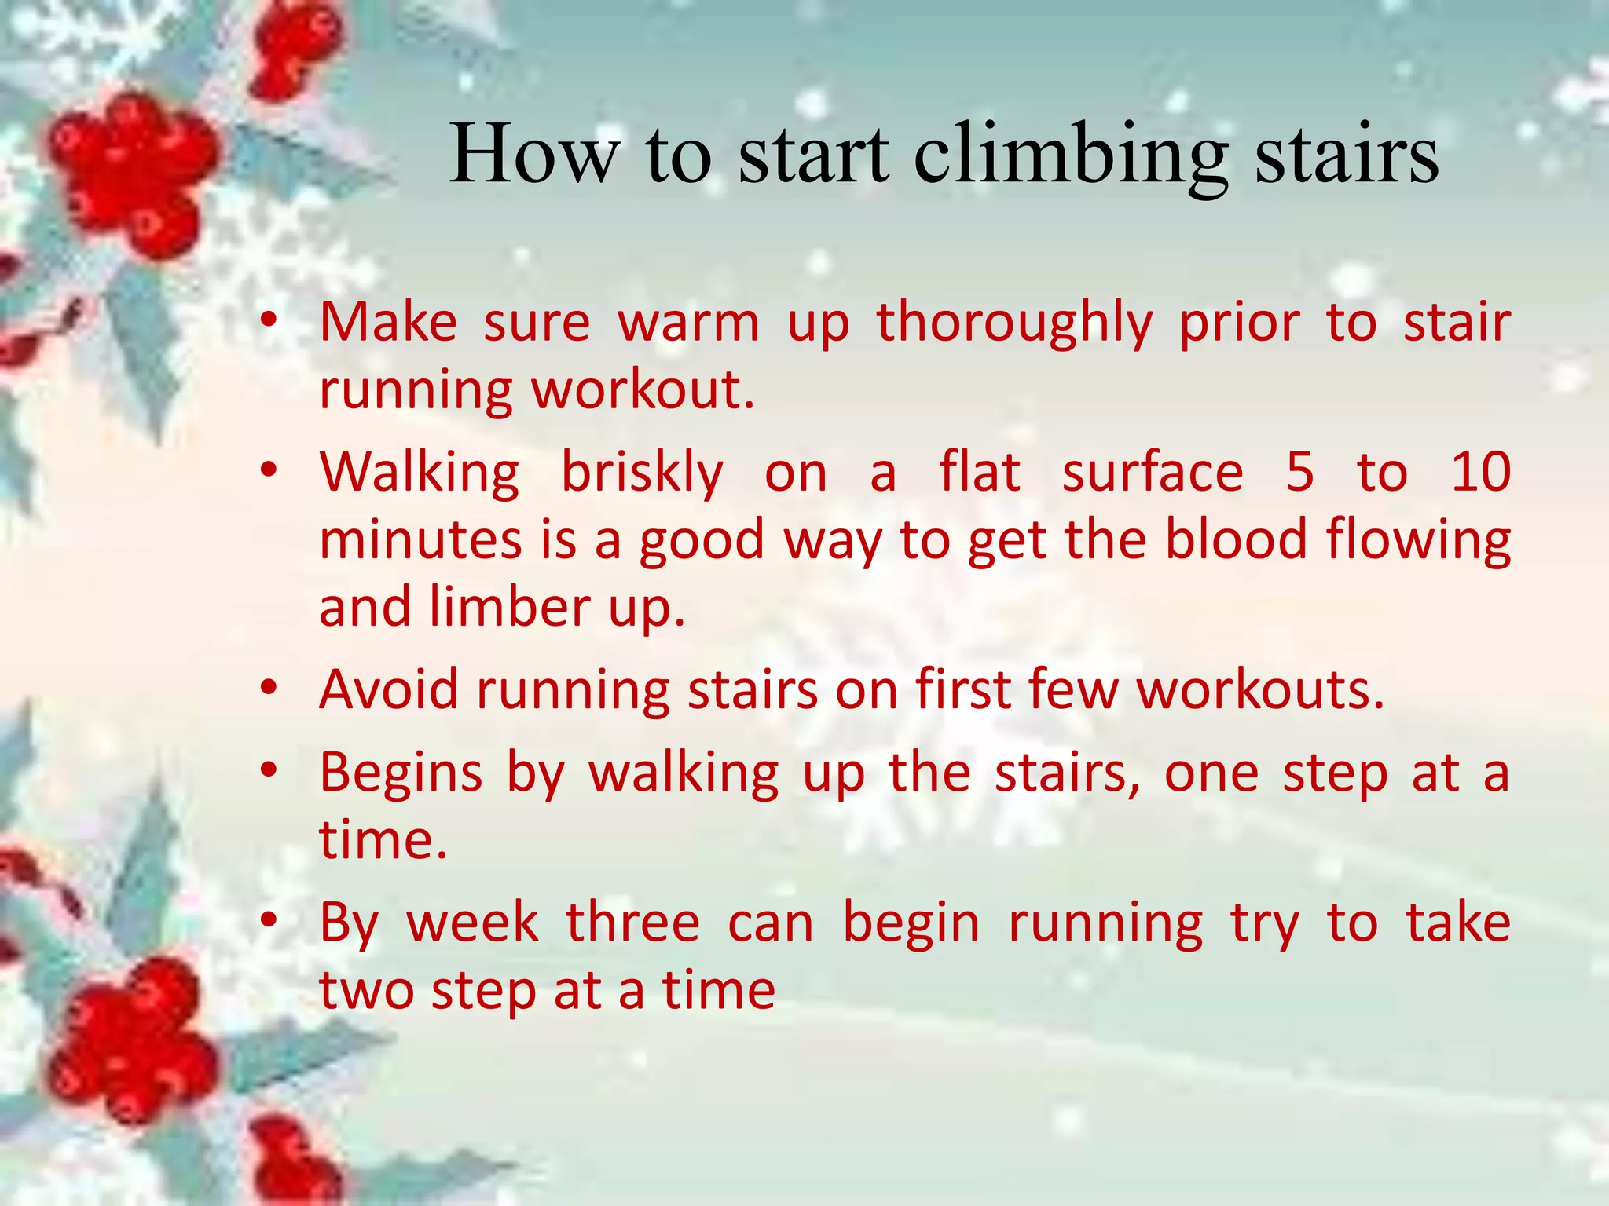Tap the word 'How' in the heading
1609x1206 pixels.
pyautogui.click(x=534, y=155)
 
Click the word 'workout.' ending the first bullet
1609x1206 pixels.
pyautogui.click(x=643, y=390)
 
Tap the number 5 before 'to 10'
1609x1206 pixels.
pyautogui.click(x=1300, y=473)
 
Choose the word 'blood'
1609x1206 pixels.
pyautogui.click(x=1236, y=540)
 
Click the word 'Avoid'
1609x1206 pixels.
pyautogui.click(x=389, y=690)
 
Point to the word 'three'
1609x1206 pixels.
pyautogui.click(x=632, y=923)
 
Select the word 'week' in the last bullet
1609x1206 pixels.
pyautogui.click(x=472, y=923)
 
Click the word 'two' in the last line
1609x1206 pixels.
pyautogui.click(x=365, y=991)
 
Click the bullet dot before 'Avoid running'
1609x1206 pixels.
pyautogui.click(x=269, y=688)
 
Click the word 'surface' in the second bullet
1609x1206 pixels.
pyautogui.click(x=1153, y=474)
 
